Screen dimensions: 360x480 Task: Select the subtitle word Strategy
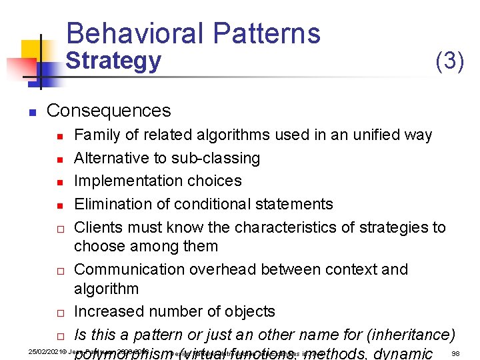tap(113, 61)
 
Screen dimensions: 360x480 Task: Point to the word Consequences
tap(109, 110)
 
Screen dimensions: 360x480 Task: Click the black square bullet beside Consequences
tap(31, 111)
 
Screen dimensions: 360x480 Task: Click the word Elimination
tap(113, 203)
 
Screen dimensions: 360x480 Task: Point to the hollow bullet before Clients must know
tap(59, 228)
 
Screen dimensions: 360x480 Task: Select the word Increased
tap(107, 311)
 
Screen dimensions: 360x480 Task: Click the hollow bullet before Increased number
tap(59, 313)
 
